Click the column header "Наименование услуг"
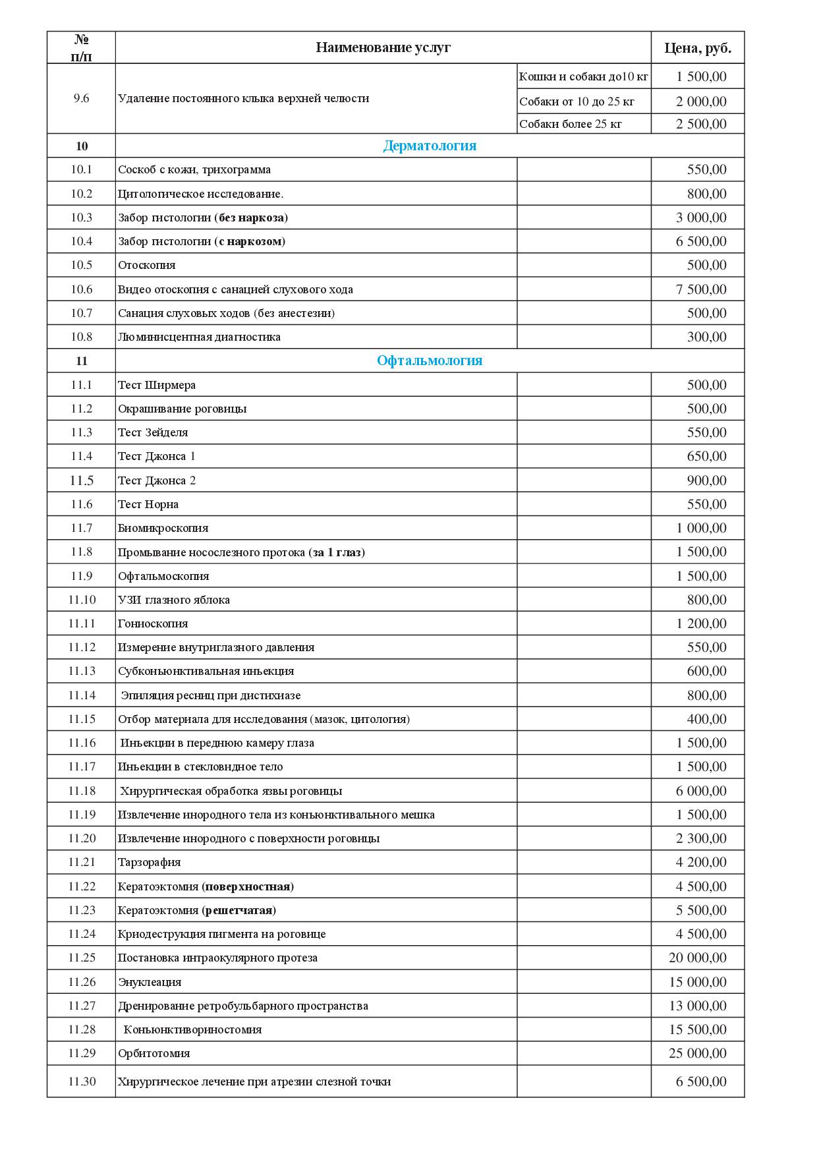(x=383, y=47)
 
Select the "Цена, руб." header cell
(x=698, y=48)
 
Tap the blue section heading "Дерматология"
(x=430, y=146)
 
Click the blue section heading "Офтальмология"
(x=430, y=361)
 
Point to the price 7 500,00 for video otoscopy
(x=701, y=289)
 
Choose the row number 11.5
(x=82, y=480)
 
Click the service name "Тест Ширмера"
(x=157, y=385)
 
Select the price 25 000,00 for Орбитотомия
(x=698, y=1053)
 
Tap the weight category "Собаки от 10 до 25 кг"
(x=577, y=101)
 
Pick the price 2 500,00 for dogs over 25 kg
(x=701, y=124)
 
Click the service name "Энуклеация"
(x=150, y=982)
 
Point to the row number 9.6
(x=82, y=98)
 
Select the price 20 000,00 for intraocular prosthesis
(x=698, y=958)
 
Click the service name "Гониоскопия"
(x=153, y=623)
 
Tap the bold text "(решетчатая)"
(x=239, y=910)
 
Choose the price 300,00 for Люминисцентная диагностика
(x=706, y=337)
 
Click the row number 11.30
(x=82, y=1082)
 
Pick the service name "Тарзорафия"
(x=150, y=862)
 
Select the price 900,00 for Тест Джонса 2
(x=706, y=480)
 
